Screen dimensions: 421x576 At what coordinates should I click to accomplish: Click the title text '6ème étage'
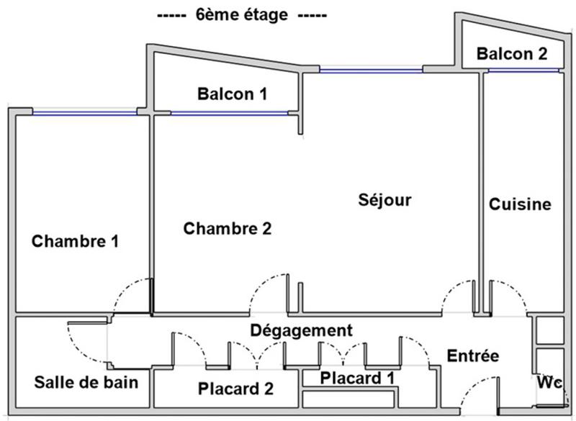pos(240,15)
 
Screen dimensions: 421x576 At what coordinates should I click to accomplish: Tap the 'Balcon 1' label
pos(232,94)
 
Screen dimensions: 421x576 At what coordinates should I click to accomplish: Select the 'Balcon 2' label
pos(512,53)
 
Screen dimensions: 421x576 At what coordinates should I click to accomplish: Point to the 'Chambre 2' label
pos(228,229)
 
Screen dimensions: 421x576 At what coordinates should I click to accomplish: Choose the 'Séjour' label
pos(384,199)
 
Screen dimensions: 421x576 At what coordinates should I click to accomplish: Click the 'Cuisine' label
pos(520,204)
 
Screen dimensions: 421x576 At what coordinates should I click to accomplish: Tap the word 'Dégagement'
pos(301,330)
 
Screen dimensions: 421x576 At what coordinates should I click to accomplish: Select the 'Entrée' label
pos(473,356)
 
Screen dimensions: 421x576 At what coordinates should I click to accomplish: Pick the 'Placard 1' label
pos(357,377)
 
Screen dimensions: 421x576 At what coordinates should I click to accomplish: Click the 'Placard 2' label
pos(235,389)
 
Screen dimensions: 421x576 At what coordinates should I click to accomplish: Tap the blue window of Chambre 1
pos(84,112)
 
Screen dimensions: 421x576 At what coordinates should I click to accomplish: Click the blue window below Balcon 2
pos(523,70)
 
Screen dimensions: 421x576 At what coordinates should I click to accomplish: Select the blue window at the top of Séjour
pos(371,71)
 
